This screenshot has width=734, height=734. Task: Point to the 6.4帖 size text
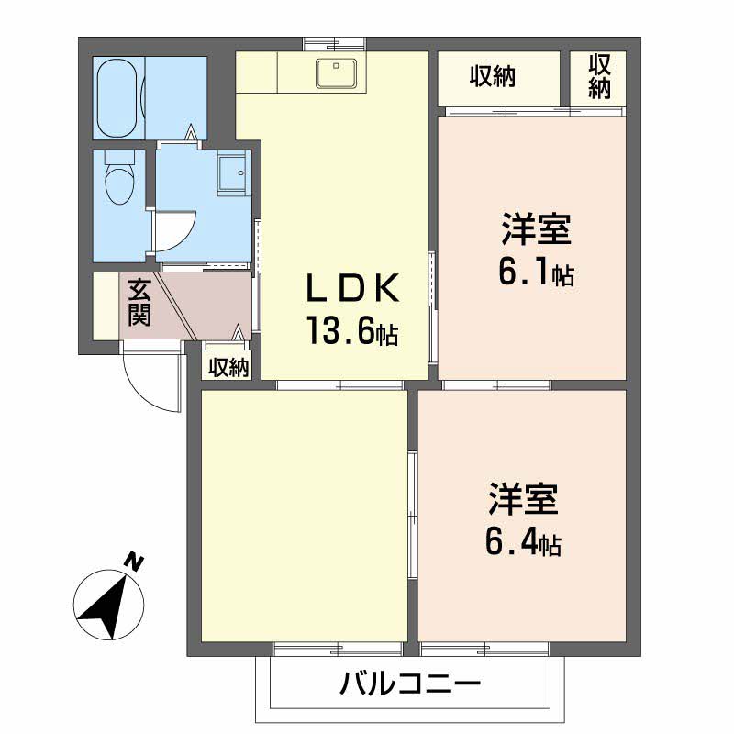point(524,543)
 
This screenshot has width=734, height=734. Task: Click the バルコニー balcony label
point(410,684)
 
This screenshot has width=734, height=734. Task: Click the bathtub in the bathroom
point(117,95)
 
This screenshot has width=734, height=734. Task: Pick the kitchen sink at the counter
point(337,72)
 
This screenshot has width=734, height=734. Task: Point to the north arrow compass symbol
point(108,606)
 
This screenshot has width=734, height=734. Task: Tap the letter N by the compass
point(135,561)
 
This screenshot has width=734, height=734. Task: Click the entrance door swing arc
point(147,381)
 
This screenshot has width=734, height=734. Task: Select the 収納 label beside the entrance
point(228,368)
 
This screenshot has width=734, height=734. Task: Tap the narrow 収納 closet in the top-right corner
point(599,77)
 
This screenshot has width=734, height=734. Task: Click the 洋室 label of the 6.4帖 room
point(523,501)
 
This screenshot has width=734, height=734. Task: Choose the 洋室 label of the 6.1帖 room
point(537,230)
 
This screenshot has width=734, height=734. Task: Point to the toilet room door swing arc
point(174,229)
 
